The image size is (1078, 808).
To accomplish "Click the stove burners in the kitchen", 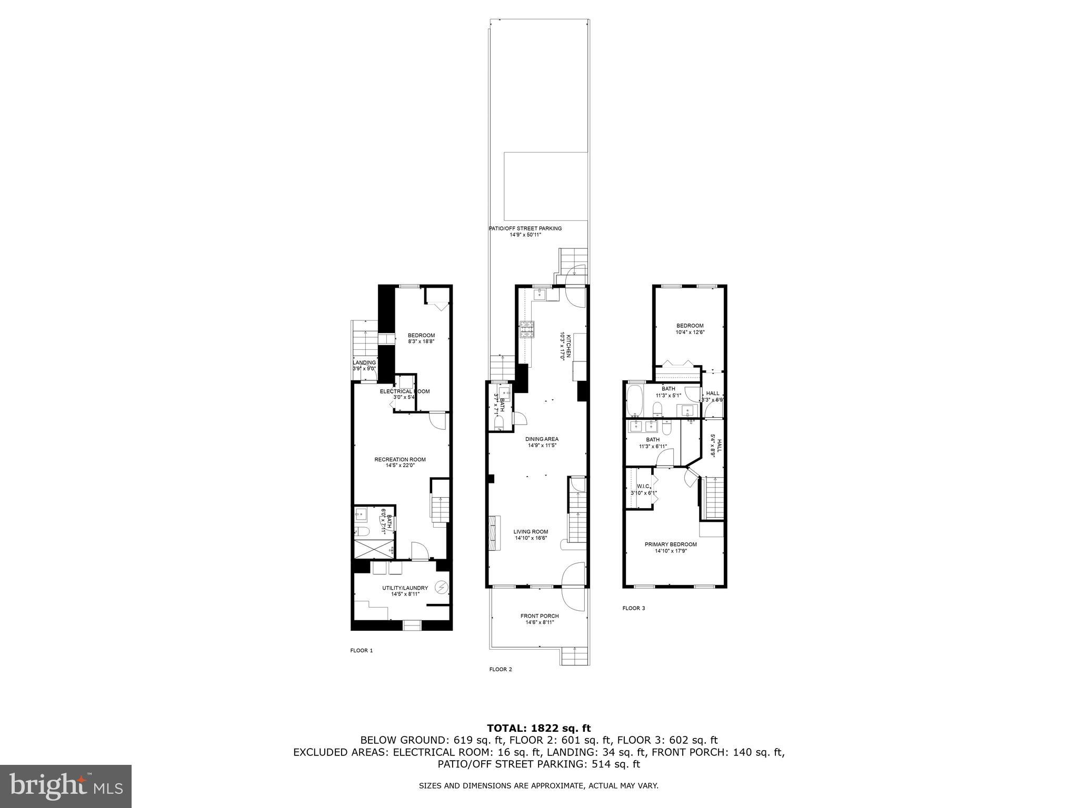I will [x=527, y=329].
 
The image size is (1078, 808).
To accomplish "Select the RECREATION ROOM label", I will [x=400, y=459].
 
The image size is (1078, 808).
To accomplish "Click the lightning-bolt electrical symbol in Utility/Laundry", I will [x=443, y=587].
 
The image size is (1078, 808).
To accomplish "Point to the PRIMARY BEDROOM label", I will [x=671, y=544].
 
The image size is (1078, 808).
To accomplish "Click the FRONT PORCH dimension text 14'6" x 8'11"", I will [x=540, y=622].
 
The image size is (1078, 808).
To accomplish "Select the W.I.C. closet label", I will [x=643, y=486].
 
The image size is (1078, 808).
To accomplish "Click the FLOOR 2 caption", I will [x=500, y=670].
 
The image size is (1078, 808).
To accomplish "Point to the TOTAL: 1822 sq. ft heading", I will [x=538, y=729].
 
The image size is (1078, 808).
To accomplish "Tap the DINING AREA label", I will [x=542, y=439].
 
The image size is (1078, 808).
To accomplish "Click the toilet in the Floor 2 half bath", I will [x=500, y=422].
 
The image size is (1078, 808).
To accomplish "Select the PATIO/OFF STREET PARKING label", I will [x=525, y=228].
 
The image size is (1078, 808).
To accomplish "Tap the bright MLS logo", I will [x=66, y=786].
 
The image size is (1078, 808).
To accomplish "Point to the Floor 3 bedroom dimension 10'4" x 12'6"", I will [x=690, y=332].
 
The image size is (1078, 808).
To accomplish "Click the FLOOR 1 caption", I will [x=361, y=651].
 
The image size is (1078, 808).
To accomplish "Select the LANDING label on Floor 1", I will [x=364, y=362].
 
